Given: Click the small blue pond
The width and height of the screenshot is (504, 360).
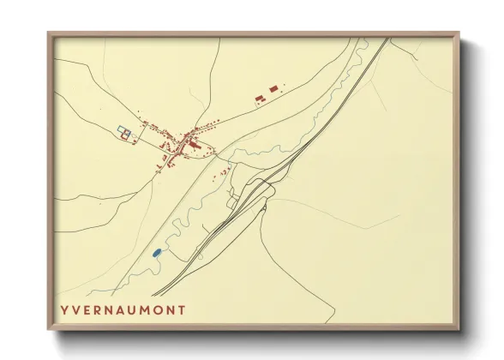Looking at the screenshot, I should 156,253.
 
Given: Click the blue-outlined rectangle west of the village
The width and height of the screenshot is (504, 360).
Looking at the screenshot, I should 124,133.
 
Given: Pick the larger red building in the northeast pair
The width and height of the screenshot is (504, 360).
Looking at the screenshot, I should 273,88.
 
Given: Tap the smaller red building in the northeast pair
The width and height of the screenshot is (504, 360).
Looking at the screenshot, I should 259,99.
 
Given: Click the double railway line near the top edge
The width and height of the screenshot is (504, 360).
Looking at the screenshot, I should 376,51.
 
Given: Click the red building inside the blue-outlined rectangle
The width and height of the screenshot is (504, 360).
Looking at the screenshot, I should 127,135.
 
